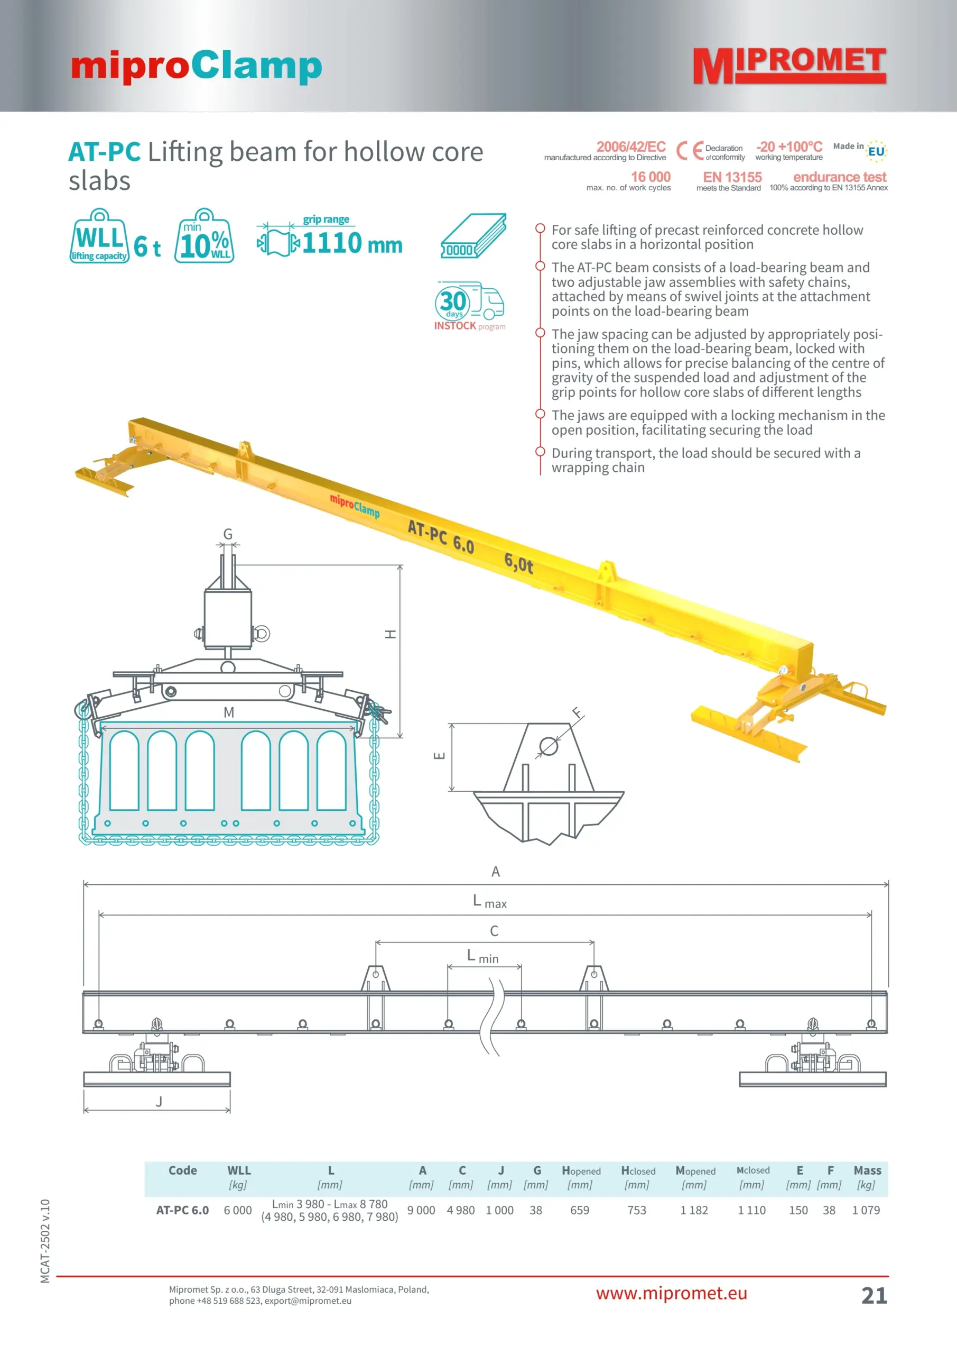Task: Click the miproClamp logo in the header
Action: click(x=196, y=67)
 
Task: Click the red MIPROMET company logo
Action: click(x=789, y=66)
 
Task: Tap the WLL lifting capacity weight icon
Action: click(x=99, y=236)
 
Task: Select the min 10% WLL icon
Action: click(x=205, y=236)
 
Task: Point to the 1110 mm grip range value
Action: click(x=352, y=243)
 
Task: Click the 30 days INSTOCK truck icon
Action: click(x=470, y=306)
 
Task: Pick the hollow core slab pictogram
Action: click(x=474, y=236)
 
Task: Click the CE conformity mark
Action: click(x=690, y=151)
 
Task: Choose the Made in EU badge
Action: click(x=860, y=150)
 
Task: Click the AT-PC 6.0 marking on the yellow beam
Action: click(x=441, y=536)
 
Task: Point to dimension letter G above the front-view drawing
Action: click(x=228, y=534)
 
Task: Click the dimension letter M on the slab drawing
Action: click(x=229, y=712)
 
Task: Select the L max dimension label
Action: click(x=490, y=901)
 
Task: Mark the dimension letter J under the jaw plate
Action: click(x=159, y=1101)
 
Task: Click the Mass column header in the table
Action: click(x=867, y=1170)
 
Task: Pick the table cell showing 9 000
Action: click(x=421, y=1210)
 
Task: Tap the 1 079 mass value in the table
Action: click(x=866, y=1210)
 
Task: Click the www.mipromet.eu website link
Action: click(x=671, y=1293)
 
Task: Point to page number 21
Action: click(x=874, y=1295)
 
